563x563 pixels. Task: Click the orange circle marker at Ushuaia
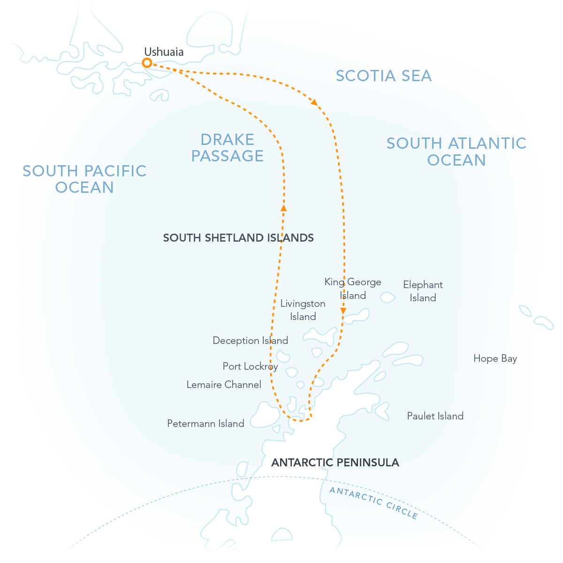[x=147, y=63]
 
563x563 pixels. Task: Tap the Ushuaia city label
[x=164, y=52]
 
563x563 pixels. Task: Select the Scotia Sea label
[x=384, y=76]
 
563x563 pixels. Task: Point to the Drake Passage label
[x=228, y=147]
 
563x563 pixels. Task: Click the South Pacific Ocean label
[x=84, y=179]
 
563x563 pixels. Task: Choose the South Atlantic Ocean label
[x=456, y=152]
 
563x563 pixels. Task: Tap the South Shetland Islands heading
[x=238, y=238]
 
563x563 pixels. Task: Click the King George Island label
[x=353, y=289]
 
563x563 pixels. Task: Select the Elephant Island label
[x=423, y=291]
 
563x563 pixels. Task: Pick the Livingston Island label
[x=303, y=310]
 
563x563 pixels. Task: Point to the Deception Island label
[x=250, y=341]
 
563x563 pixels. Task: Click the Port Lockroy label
[x=250, y=366]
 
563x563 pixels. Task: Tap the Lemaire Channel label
[x=224, y=385]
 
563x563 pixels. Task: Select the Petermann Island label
[x=205, y=424]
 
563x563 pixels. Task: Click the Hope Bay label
[x=495, y=358]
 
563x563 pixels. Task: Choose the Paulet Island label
[x=435, y=416]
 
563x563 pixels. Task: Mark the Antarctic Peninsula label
[x=335, y=463]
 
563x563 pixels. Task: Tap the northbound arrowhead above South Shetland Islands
[x=283, y=207]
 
